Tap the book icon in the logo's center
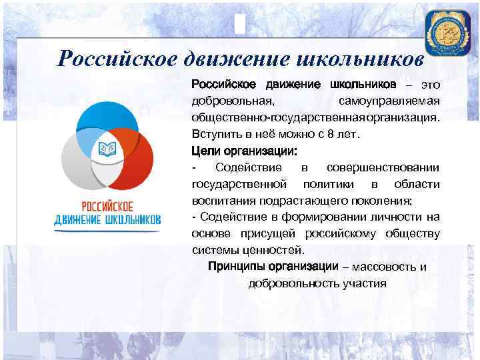(107, 148)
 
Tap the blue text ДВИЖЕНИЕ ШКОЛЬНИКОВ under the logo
(107, 219)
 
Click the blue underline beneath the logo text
(107, 231)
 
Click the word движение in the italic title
(235, 59)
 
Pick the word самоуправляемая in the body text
(389, 101)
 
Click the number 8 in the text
(329, 133)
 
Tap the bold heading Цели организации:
(235, 150)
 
